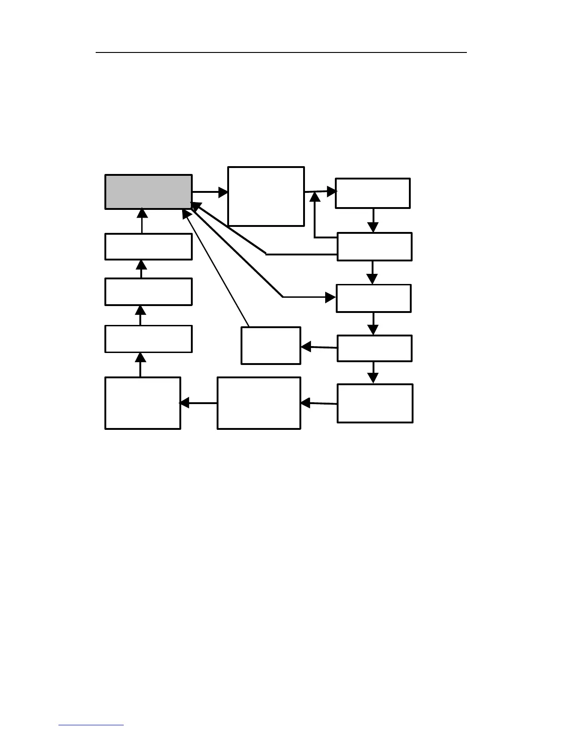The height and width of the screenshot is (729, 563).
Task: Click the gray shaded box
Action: pos(148,192)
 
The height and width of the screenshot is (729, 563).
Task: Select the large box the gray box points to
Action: pos(266,197)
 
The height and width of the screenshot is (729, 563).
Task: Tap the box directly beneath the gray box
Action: pos(148,247)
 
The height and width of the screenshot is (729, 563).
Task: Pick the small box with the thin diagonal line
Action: pos(270,346)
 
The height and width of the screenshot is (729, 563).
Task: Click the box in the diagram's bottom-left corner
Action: pos(143,403)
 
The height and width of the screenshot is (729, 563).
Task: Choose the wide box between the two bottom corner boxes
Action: pos(259,403)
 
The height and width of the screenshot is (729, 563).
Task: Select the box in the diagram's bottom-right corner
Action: pos(374,403)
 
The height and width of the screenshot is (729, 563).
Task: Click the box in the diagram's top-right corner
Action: pos(373,193)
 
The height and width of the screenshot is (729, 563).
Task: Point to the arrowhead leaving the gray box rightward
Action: pos(224,192)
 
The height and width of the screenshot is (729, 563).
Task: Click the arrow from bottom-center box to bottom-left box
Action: pos(198,403)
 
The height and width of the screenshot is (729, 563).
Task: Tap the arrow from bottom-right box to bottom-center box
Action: pos(318,404)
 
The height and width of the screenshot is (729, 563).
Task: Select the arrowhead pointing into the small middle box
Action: pos(305,347)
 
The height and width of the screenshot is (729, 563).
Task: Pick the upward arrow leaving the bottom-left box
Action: pos(141,364)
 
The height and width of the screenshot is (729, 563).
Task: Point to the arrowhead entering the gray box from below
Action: pos(142,213)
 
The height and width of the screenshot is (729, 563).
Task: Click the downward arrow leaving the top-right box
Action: pos(373,220)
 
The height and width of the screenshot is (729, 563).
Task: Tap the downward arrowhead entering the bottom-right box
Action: pos(373,378)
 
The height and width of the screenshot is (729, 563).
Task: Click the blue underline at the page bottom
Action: pos(91,725)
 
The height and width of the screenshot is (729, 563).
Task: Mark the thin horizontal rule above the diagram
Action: pos(281,52)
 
